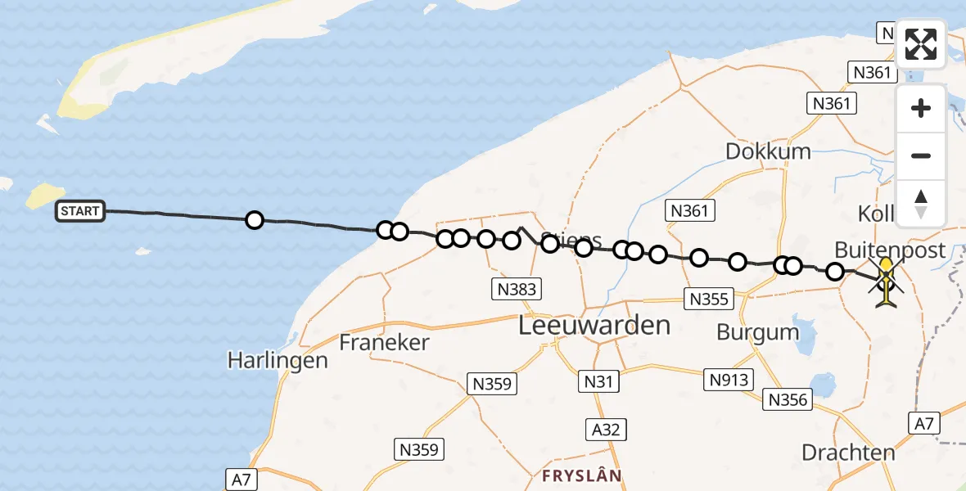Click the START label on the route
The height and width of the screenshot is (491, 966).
click(x=80, y=212)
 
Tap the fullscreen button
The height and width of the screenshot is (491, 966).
click(x=921, y=43)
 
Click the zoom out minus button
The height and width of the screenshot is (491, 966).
click(x=921, y=155)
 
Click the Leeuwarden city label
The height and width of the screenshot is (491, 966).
click(x=595, y=325)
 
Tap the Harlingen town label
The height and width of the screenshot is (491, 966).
click(x=278, y=360)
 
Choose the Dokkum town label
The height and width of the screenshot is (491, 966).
click(x=768, y=151)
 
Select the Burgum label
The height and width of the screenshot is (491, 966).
click(x=757, y=332)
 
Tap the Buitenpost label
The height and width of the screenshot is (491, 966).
click(x=890, y=250)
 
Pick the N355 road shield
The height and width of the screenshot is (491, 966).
click(x=709, y=299)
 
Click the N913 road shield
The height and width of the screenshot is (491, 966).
click(x=730, y=378)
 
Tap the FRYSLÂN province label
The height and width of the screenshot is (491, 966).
click(x=582, y=475)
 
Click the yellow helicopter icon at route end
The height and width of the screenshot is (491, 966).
click(x=887, y=282)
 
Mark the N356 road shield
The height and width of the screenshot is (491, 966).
click(x=788, y=399)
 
